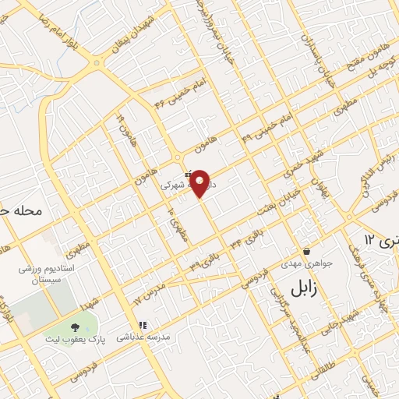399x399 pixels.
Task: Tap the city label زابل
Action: (299, 288)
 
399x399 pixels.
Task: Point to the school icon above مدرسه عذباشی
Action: (142, 326)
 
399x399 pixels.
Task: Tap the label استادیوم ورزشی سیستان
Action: (44, 274)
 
